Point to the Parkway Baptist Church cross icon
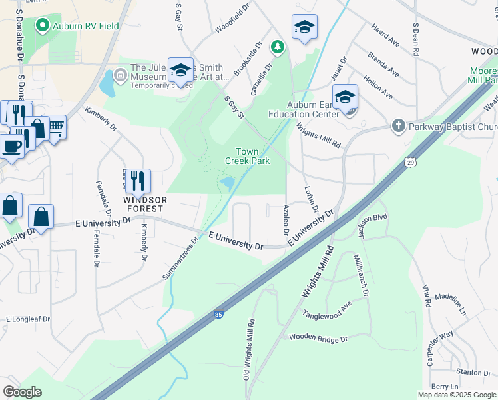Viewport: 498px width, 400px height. point(398,125)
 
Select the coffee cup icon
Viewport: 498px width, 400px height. point(10,146)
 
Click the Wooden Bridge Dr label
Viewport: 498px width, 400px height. point(318,339)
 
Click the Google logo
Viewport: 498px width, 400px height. point(22,392)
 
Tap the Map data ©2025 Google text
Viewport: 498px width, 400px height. point(457,395)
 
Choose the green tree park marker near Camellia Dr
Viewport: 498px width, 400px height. point(278,47)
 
